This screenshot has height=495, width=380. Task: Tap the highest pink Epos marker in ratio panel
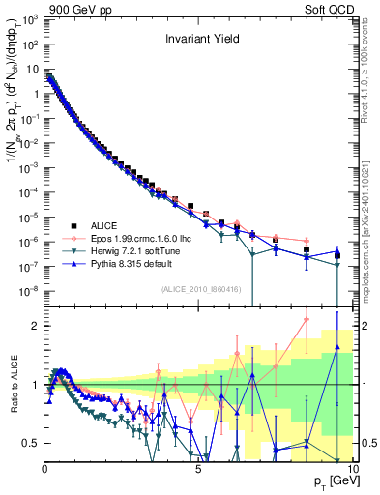tap(307, 320)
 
